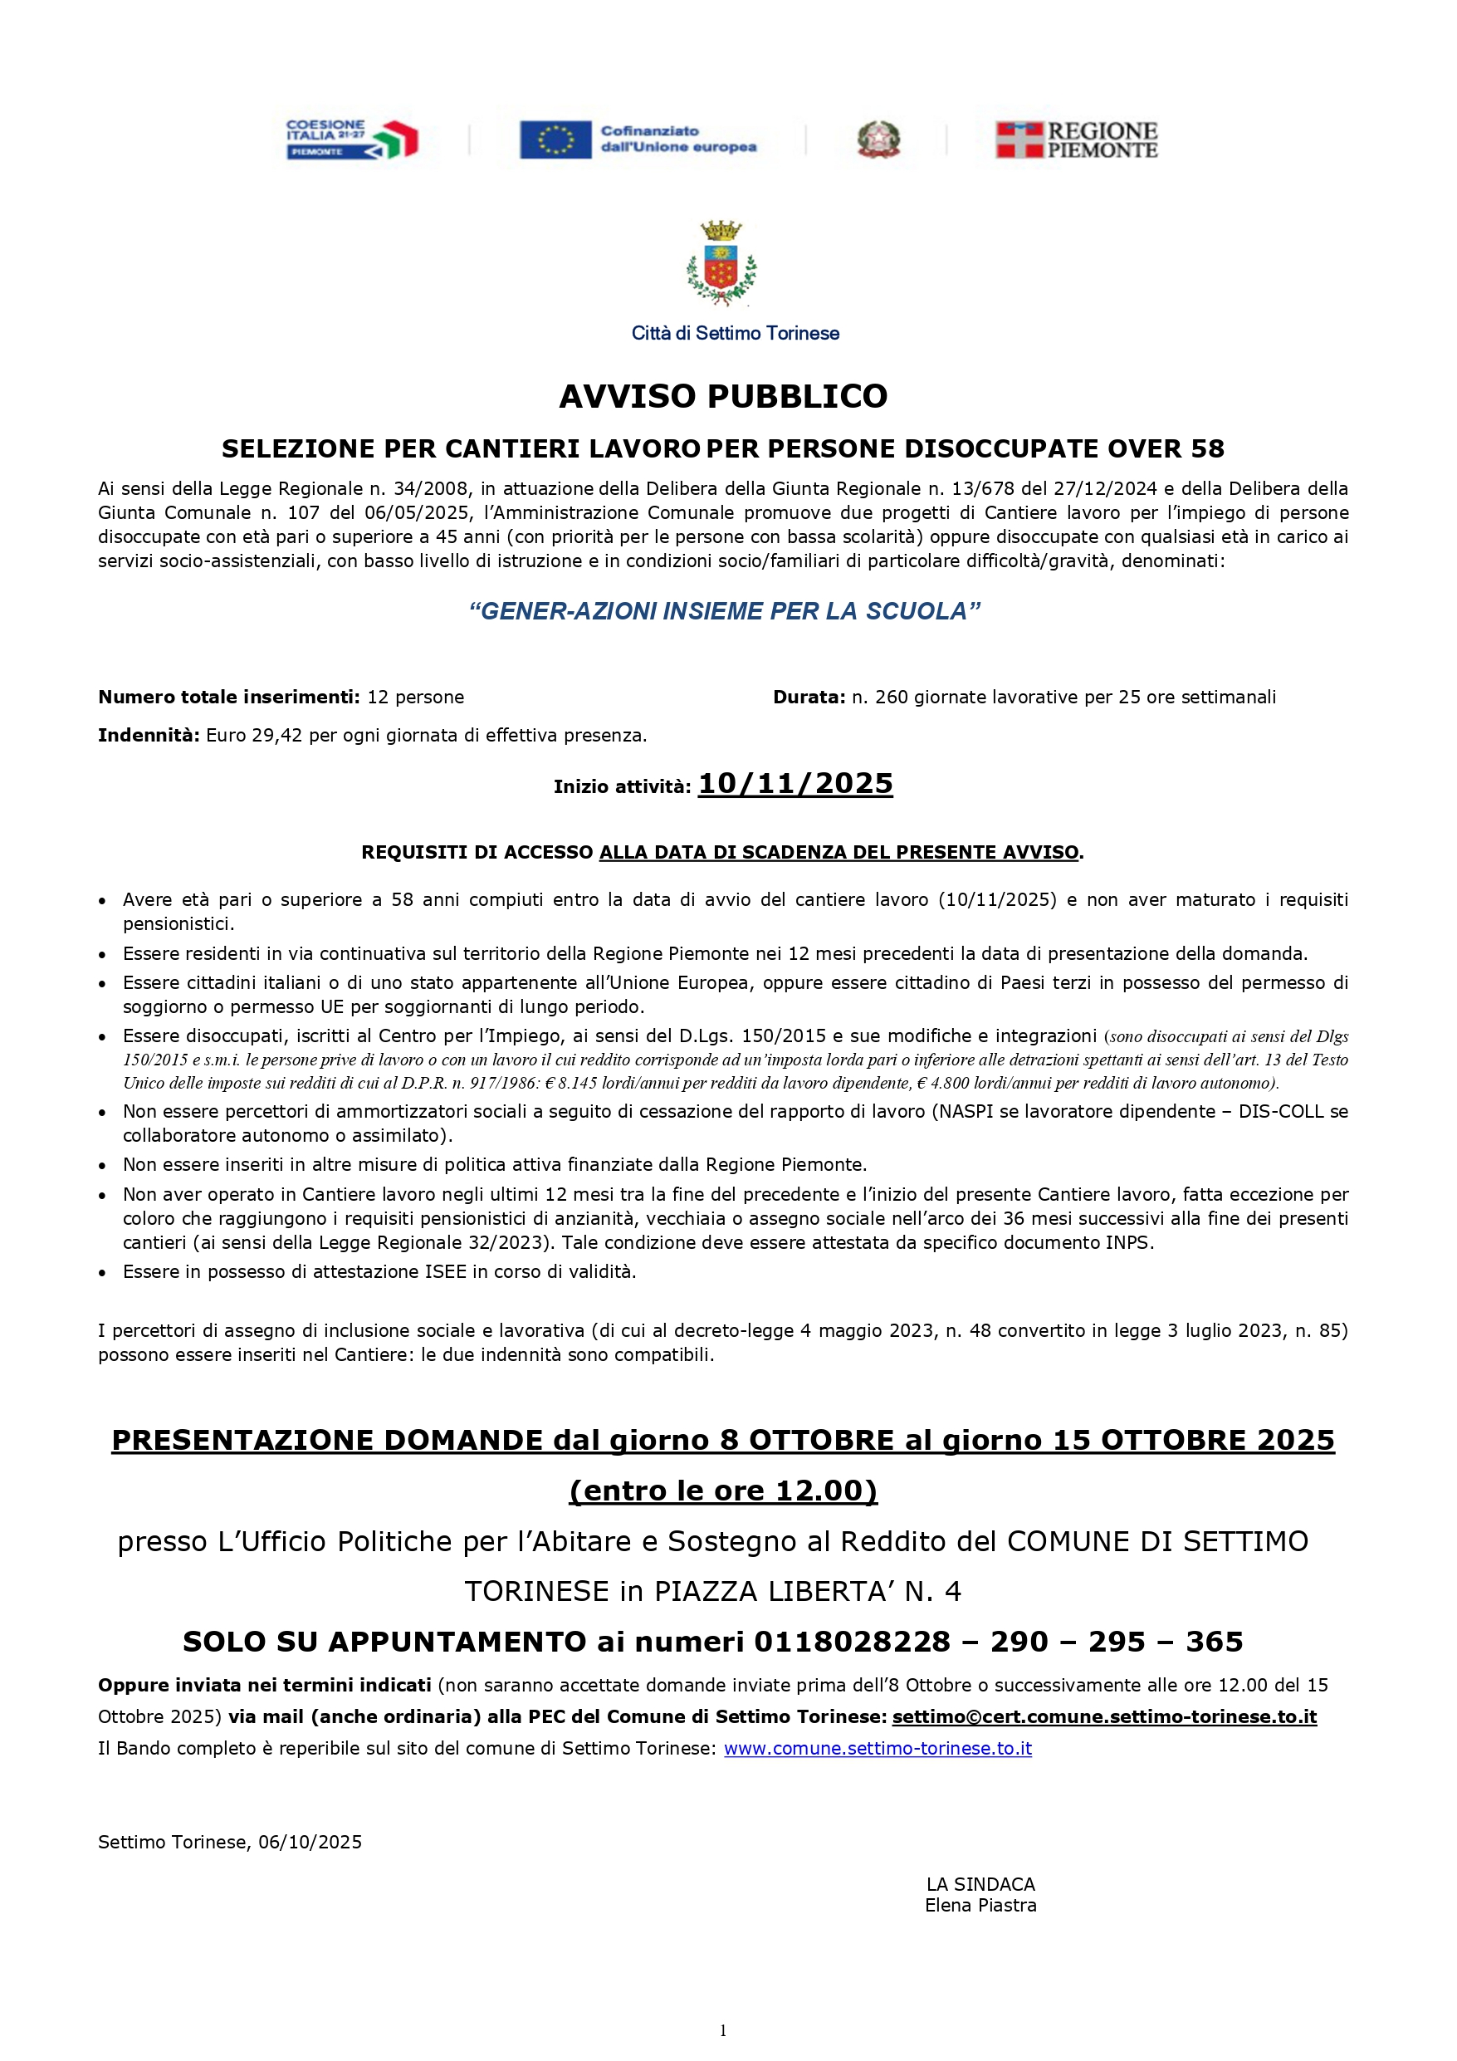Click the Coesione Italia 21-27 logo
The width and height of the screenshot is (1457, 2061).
(352, 140)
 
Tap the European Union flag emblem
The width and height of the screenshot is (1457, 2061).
(555, 140)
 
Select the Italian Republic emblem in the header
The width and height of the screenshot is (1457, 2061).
(878, 140)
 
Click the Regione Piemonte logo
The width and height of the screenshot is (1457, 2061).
(1077, 140)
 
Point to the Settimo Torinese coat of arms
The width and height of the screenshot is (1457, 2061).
(721, 264)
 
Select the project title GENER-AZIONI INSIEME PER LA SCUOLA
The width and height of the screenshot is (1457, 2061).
(724, 611)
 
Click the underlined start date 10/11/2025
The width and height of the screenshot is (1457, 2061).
(795, 784)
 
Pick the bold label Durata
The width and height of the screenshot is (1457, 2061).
(809, 698)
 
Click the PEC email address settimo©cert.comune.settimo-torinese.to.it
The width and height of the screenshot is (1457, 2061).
(1104, 1717)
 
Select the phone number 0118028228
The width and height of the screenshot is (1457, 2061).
(852, 1642)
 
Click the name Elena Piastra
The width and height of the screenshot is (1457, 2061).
(980, 1906)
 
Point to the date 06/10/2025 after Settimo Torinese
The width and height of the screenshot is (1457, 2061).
(310, 1843)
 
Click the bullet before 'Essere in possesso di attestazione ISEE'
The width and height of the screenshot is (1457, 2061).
(104, 1273)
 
